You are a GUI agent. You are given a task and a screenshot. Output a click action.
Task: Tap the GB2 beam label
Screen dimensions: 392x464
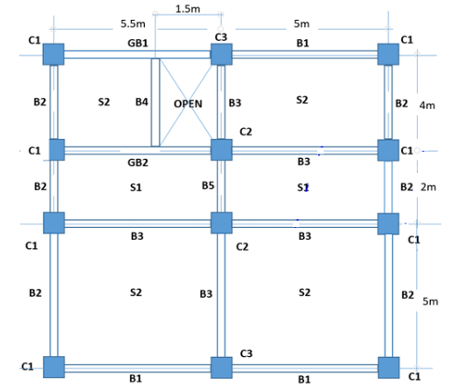[x=137, y=162]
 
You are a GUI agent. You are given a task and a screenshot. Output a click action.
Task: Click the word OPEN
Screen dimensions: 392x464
[x=188, y=103]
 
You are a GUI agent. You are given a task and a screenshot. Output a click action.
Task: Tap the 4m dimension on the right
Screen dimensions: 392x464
[x=427, y=104]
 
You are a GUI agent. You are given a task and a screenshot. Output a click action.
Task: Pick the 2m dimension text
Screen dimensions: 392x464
[x=427, y=187]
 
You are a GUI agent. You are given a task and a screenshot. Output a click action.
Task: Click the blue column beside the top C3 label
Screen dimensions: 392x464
[x=220, y=54]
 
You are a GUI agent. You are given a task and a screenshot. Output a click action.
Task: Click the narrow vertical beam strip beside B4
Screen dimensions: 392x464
[x=156, y=102]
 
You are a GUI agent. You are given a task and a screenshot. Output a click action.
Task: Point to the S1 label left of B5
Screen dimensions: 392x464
[x=136, y=187]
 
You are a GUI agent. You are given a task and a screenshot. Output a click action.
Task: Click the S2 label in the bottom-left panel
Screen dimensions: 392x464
[x=136, y=292]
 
